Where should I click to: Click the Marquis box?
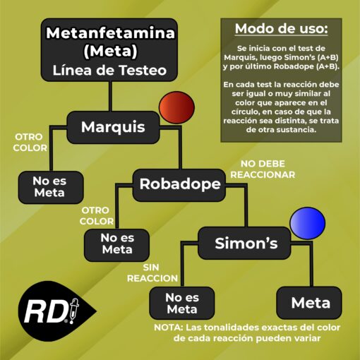(113, 127)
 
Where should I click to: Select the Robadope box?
(179, 185)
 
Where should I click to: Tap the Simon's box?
(245, 243)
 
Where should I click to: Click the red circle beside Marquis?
(176, 107)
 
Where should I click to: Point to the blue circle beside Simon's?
(308, 223)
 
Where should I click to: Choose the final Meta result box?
(309, 303)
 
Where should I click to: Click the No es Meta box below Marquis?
(51, 187)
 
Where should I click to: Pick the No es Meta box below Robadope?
(116, 245)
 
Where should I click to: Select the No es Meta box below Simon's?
(182, 303)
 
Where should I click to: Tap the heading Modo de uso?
(281, 29)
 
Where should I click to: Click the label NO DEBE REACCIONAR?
(263, 169)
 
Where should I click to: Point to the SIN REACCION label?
(152, 273)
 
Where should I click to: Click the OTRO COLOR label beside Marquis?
(30, 143)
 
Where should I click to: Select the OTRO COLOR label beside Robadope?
(97, 216)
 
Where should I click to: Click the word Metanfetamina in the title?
(110, 32)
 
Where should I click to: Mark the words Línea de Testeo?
(109, 71)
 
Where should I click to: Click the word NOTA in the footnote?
(169, 328)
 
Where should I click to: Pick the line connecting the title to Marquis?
(110, 96)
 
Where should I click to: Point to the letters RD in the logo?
(45, 312)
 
